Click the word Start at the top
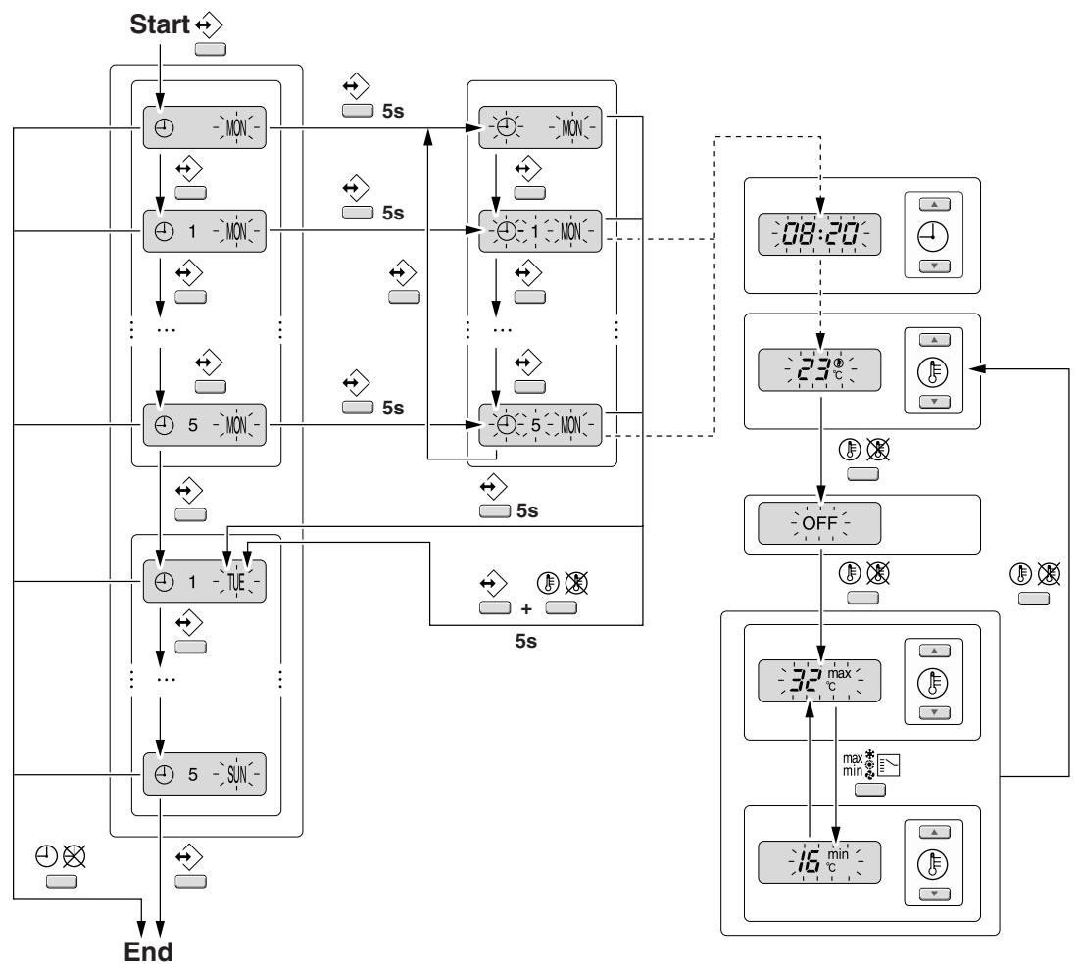point(160,24)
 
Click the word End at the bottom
point(148,952)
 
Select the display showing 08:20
point(819,234)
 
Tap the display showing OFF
point(819,523)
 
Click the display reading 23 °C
point(819,369)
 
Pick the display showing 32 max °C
point(819,681)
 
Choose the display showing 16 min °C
point(819,862)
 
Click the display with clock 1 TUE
point(204,581)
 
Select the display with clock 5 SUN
point(204,774)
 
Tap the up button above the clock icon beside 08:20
point(934,204)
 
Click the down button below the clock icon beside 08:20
point(934,266)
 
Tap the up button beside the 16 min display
point(934,833)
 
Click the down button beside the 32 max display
point(934,712)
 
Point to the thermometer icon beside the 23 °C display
point(933,371)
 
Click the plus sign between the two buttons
point(526,609)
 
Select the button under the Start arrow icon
point(211,49)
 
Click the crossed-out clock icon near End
point(74,856)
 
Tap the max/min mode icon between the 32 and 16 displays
point(871,765)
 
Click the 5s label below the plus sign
point(526,641)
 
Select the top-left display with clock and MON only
point(204,127)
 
